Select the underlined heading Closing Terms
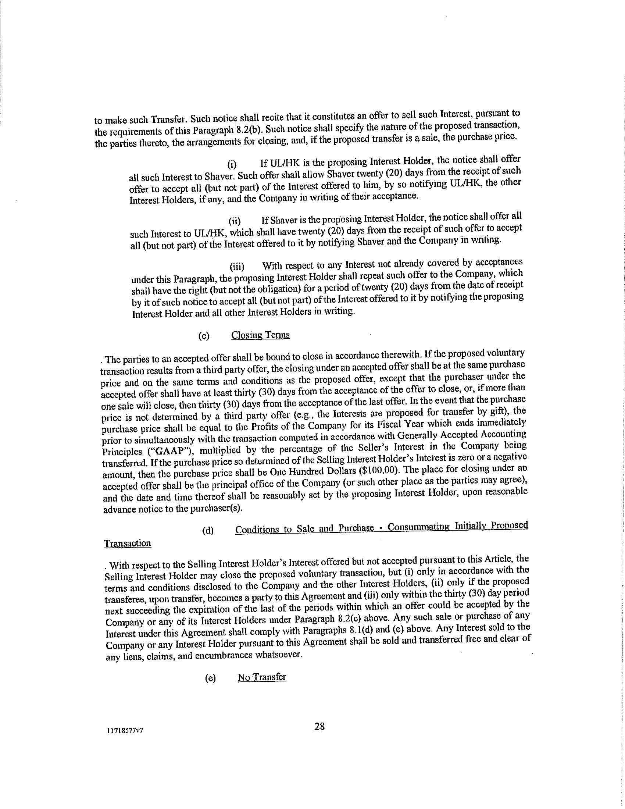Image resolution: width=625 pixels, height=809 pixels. (260, 335)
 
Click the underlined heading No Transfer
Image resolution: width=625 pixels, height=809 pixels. (262, 677)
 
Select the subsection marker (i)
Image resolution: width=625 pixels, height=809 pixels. (232, 164)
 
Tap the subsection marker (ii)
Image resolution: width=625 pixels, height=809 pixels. (235, 221)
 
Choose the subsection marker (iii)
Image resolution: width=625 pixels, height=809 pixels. (237, 267)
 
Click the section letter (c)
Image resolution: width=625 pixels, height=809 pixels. (204, 336)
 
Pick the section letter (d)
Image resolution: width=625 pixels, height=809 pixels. (208, 530)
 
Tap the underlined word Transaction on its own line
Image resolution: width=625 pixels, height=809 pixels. (127, 543)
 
